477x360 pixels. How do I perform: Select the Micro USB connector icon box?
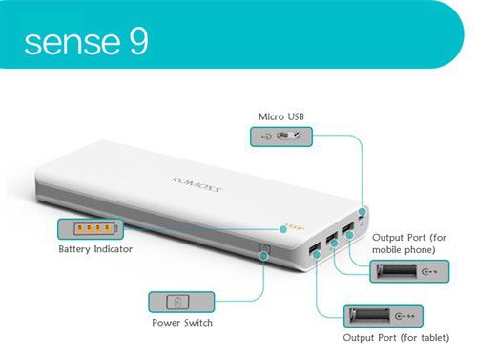pyautogui.click(x=282, y=137)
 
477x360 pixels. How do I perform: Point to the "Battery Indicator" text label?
pyautogui.click(x=95, y=249)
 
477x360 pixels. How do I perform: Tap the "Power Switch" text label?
pyautogui.click(x=182, y=323)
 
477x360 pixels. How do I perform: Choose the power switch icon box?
pyautogui.click(x=181, y=303)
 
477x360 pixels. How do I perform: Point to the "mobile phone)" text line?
pyautogui.click(x=404, y=250)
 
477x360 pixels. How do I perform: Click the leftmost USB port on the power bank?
pyautogui.click(x=315, y=250)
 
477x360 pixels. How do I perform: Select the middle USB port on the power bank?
pyautogui.click(x=333, y=239)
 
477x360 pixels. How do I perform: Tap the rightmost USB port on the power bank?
pyautogui.click(x=349, y=228)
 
